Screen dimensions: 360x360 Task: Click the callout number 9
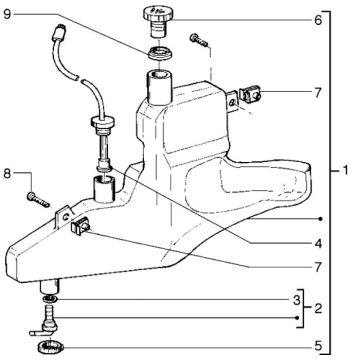pyautogui.click(x=9, y=14)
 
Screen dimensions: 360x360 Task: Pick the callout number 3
pyautogui.click(x=296, y=299)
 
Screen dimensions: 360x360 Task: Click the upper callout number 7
pyautogui.click(x=317, y=93)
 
